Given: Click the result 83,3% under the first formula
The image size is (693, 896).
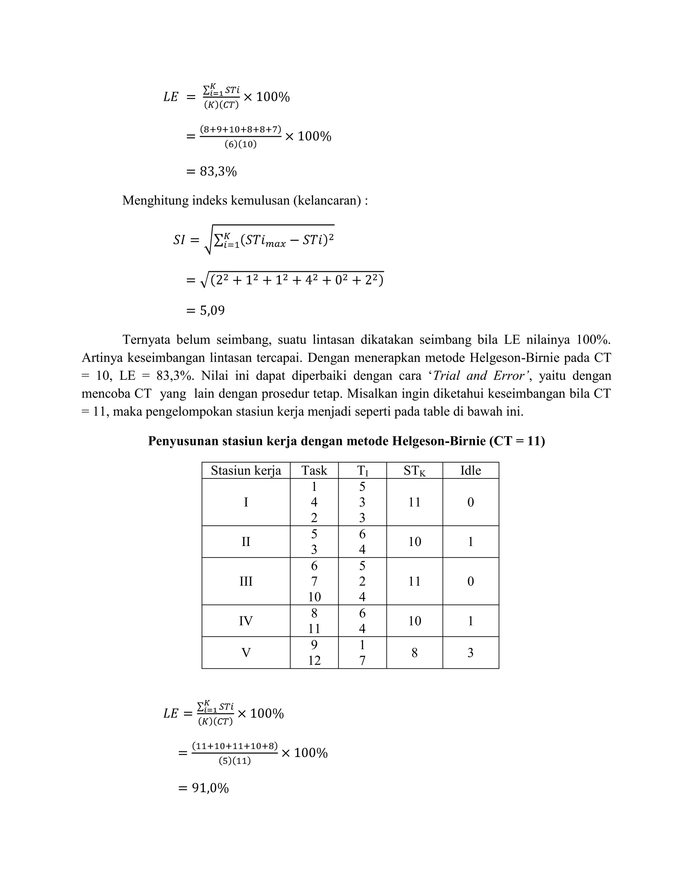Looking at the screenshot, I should click(x=218, y=171).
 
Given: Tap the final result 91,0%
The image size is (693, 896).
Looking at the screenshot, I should click(x=210, y=788).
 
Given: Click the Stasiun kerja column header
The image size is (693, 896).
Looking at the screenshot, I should click(x=246, y=470).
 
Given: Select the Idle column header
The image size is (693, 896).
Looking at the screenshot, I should click(x=470, y=470).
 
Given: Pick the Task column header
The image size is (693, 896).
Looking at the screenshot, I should click(x=314, y=470).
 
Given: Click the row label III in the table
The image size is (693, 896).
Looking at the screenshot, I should click(x=246, y=581).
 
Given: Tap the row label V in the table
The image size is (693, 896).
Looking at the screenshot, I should click(x=246, y=652).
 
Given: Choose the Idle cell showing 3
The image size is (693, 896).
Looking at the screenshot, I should click(x=470, y=652).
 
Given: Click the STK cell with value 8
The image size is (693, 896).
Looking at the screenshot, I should click(x=414, y=652).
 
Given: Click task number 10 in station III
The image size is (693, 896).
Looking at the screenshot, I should click(x=314, y=596).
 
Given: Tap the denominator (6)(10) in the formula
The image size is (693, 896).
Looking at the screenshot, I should click(x=241, y=144).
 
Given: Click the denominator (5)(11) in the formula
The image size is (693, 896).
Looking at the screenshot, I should click(x=234, y=761).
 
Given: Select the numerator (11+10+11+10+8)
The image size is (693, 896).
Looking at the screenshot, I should click(x=234, y=746).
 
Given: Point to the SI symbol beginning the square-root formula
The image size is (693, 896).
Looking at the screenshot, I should click(x=179, y=240).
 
